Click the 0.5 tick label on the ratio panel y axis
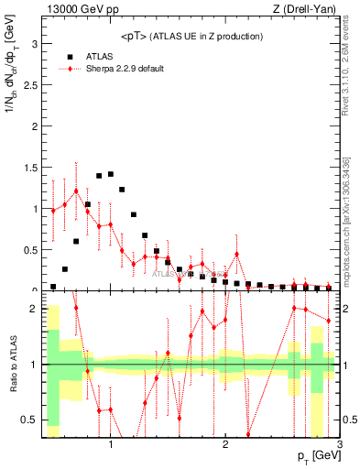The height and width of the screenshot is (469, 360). point(30,420)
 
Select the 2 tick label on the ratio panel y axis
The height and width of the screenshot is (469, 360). point(34,309)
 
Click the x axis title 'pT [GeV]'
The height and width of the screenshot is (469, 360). point(316,456)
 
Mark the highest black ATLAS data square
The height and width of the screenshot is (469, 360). point(110,174)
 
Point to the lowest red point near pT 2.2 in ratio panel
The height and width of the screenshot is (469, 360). point(248,434)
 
